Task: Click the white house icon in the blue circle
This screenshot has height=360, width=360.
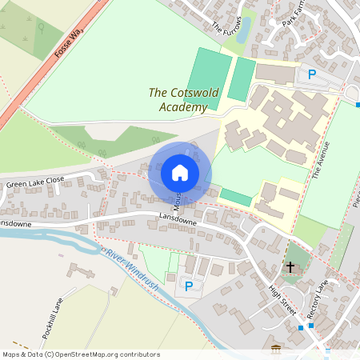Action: coord(180,173)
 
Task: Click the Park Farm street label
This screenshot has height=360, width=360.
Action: coord(297,15)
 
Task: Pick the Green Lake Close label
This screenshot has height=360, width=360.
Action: coord(35,183)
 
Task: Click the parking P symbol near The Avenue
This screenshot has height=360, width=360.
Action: coord(312,74)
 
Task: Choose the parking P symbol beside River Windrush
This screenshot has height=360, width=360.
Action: coord(189,286)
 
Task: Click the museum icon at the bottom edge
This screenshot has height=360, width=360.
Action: coord(277,350)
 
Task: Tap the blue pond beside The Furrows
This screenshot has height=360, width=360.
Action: coord(244,29)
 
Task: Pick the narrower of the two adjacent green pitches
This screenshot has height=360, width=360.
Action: coord(240,78)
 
